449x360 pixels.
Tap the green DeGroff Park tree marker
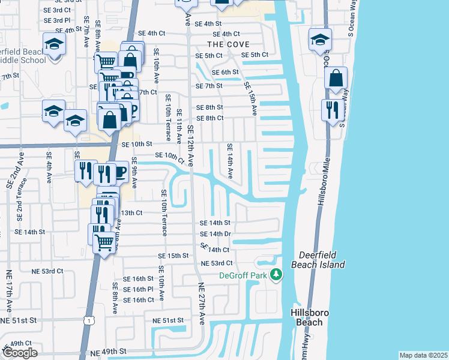click(x=276, y=275)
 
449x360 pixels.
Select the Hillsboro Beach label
click(x=306, y=317)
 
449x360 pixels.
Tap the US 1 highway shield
click(x=89, y=322)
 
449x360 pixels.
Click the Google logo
click(x=20, y=353)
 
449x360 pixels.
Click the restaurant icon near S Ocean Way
click(x=330, y=109)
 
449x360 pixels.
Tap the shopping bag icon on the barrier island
click(x=336, y=78)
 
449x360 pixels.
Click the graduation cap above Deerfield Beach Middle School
click(x=54, y=44)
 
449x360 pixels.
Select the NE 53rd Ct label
click(x=217, y=263)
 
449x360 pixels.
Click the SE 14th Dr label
click(x=215, y=233)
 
